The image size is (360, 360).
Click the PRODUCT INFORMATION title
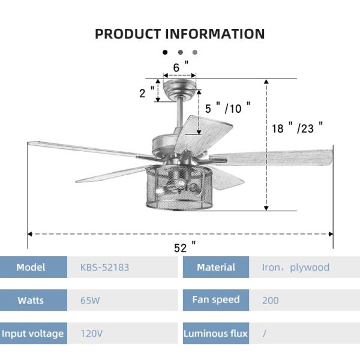pyautogui.click(x=179, y=34)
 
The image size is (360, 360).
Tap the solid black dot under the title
pyautogui.click(x=165, y=52)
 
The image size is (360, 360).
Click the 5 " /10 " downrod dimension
pyautogui.click(x=227, y=108)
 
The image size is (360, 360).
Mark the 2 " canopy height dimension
pyautogui.click(x=146, y=92)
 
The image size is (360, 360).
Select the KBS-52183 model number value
pyautogui.click(x=104, y=267)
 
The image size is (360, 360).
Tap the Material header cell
pyautogui.click(x=216, y=267)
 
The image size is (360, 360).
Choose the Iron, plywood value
pyautogui.click(x=295, y=267)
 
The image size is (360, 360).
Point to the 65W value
pyautogui.click(x=90, y=300)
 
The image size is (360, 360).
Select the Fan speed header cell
pyautogui.click(x=216, y=299)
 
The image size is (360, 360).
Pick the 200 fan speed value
pyautogui.click(x=270, y=300)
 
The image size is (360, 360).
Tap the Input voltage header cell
pyautogui.click(x=32, y=333)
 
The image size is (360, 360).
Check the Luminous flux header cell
pyautogui.click(x=216, y=333)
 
